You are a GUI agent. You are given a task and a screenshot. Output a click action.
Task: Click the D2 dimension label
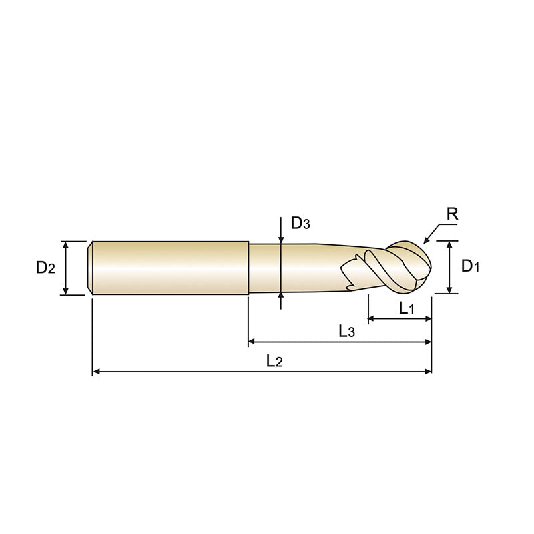[45, 268]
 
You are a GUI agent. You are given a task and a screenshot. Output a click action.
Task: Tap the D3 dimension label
[300, 224]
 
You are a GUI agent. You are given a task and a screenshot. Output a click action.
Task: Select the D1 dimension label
[471, 266]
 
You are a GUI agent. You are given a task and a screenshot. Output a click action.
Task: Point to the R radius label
[451, 214]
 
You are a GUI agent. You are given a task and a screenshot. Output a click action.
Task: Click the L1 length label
[407, 308]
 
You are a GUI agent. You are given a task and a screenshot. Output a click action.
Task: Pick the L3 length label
[346, 331]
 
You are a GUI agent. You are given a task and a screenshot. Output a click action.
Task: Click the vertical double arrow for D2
[66, 268]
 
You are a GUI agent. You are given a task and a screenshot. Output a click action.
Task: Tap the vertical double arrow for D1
[451, 267]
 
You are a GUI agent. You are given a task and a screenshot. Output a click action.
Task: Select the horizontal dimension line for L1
[399, 319]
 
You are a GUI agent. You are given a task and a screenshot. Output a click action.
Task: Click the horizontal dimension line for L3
[340, 342]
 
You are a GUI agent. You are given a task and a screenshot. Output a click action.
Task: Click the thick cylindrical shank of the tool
[170, 267]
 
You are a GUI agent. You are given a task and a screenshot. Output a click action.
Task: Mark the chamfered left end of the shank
[91, 267]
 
